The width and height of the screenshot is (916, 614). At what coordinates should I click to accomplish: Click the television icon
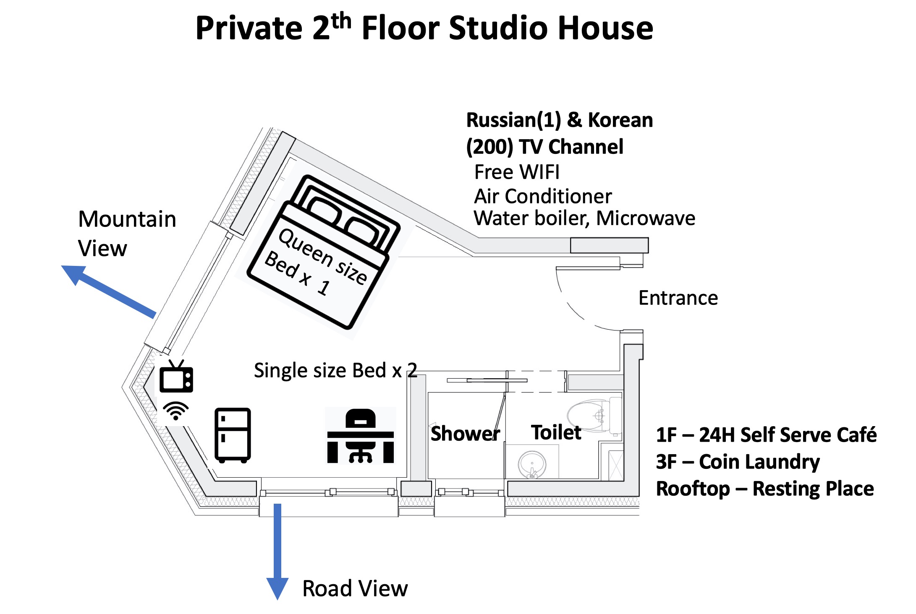[x=176, y=377]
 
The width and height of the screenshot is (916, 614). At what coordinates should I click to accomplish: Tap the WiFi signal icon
[x=176, y=411]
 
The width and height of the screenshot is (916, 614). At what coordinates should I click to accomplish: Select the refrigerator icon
[x=233, y=435]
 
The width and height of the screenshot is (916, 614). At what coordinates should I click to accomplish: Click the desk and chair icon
[x=360, y=436]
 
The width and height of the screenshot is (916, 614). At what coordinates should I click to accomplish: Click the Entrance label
[x=678, y=298]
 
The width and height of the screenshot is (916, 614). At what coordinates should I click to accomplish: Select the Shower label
[x=465, y=434]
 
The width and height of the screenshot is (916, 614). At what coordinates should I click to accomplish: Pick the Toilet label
[x=556, y=432]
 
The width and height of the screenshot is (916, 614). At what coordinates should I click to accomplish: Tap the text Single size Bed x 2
[x=335, y=370]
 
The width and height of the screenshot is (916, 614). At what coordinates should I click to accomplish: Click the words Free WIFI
[x=517, y=172]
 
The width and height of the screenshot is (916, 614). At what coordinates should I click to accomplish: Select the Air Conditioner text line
[x=543, y=196]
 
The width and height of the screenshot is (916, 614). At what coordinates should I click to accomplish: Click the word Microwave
[x=646, y=218]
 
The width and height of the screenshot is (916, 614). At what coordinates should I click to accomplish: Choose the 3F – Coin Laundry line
[x=738, y=462]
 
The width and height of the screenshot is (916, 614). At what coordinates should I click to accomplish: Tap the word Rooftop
[x=693, y=489]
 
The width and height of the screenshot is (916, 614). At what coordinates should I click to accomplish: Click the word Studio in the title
[x=500, y=29]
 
